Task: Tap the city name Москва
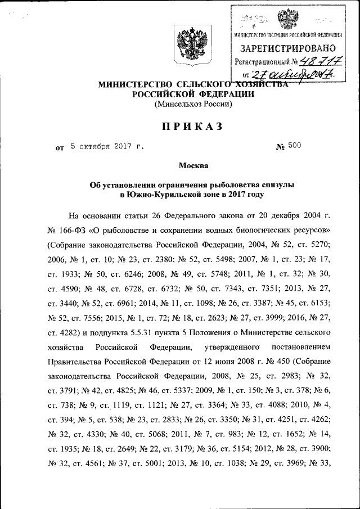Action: point(193,165)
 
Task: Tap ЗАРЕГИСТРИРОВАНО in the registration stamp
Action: point(289,48)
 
